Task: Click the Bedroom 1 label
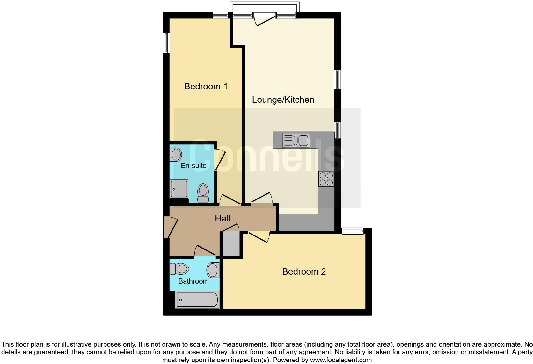pyautogui.click(x=206, y=86)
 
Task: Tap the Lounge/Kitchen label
pyautogui.click(x=283, y=100)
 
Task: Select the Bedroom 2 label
pyautogui.click(x=304, y=271)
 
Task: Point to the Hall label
pyautogui.click(x=222, y=218)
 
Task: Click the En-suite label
pyautogui.click(x=193, y=165)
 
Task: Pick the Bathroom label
pyautogui.click(x=193, y=281)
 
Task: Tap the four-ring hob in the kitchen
pyautogui.click(x=326, y=179)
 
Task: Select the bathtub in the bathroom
pyautogui.click(x=197, y=300)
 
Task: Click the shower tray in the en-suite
pyautogui.click(x=179, y=189)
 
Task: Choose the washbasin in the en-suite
pyautogui.click(x=176, y=155)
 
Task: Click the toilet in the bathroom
pyautogui.click(x=179, y=269)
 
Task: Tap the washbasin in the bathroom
pyautogui.click(x=213, y=270)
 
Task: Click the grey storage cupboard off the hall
pyautogui.click(x=231, y=243)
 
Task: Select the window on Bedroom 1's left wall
pyautogui.click(x=166, y=42)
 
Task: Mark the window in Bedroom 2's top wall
pyautogui.click(x=352, y=231)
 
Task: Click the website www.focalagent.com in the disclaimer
pyautogui.click(x=341, y=360)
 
